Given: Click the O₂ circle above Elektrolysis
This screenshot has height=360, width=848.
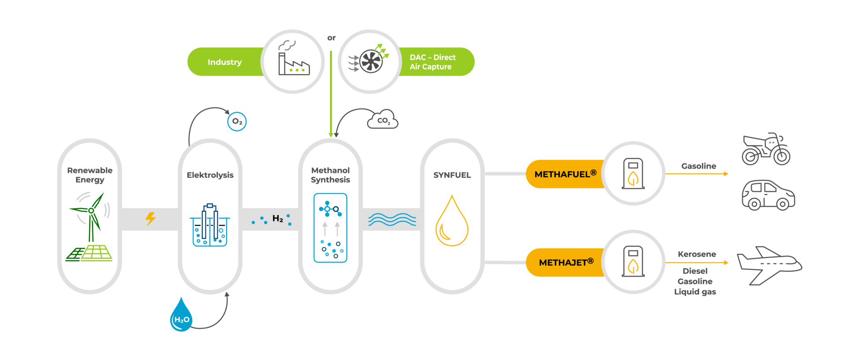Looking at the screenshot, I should (x=237, y=121).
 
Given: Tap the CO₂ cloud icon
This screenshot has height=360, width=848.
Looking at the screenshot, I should (x=382, y=120).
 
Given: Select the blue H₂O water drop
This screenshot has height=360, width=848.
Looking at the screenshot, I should (x=181, y=316).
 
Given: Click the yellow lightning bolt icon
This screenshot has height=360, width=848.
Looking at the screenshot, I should (x=151, y=218).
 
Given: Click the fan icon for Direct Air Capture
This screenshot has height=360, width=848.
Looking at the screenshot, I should (x=370, y=61).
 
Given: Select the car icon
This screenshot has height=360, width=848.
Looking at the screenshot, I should (x=768, y=195).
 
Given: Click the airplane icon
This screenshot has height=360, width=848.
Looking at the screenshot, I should (x=769, y=265).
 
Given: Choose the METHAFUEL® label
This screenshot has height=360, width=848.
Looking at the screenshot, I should (x=565, y=174).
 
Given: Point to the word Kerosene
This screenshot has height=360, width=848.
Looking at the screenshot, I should (x=697, y=254).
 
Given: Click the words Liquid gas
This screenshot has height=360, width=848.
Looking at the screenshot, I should (x=695, y=292).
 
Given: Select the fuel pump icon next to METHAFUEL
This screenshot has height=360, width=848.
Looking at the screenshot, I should (x=633, y=174).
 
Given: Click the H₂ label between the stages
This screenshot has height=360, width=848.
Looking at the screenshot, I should (x=277, y=218).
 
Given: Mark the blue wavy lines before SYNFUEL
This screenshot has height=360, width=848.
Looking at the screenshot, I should (x=392, y=219).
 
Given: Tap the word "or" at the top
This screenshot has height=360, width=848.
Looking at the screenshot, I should (x=331, y=38).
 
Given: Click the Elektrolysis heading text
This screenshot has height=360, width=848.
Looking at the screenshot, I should (x=210, y=175).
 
